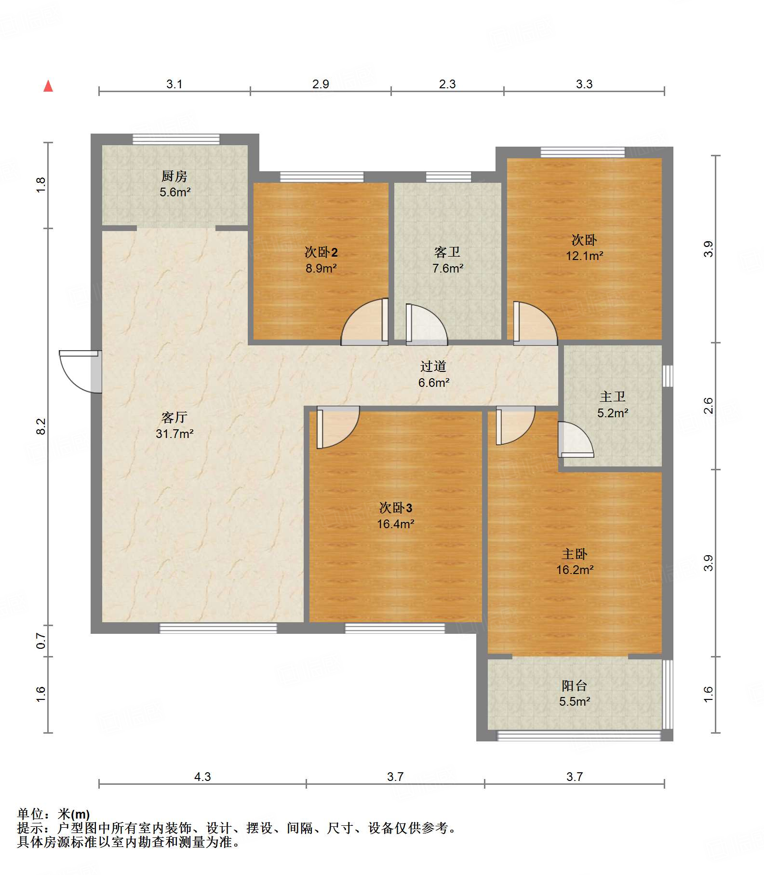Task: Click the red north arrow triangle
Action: coord(48,86)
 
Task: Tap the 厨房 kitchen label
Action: coord(174,176)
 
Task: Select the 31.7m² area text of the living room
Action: coord(174,434)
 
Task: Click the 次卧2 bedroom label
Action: coord(321,252)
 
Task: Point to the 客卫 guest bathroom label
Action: coord(447,252)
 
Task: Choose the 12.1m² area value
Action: coord(584,256)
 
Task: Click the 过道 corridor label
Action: coord(433,367)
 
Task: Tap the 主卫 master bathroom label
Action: coord(613,396)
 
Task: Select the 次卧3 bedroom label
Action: coord(396,507)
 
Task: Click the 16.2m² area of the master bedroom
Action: coord(575,570)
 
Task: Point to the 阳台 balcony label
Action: coord(574,685)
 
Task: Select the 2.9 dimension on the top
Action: coord(321,84)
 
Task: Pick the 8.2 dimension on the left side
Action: coord(41,426)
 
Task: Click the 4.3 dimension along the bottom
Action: coord(202,777)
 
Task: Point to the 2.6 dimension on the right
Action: coord(708,406)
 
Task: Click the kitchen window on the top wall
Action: coord(176,139)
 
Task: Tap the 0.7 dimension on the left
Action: coord(41,641)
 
